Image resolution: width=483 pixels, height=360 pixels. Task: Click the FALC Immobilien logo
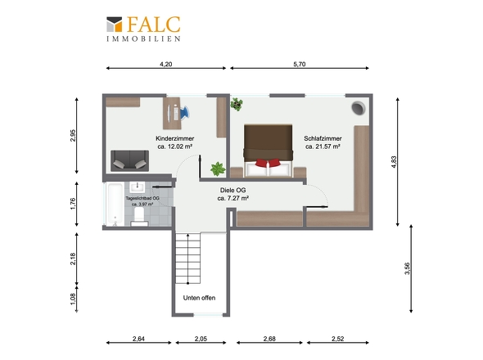pyautogui.click(x=143, y=29)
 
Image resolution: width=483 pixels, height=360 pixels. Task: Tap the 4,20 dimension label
pyautogui.click(x=166, y=64)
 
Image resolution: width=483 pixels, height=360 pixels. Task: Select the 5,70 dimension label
pyautogui.click(x=300, y=64)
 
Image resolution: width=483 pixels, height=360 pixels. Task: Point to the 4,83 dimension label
pyautogui.click(x=394, y=162)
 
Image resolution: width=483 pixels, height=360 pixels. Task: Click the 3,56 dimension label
pyautogui.click(x=407, y=268)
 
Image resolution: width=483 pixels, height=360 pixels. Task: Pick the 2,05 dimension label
pyautogui.click(x=201, y=339)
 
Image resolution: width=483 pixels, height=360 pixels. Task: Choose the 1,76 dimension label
pyautogui.click(x=73, y=204)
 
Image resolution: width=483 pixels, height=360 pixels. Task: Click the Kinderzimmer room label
pyautogui.click(x=175, y=138)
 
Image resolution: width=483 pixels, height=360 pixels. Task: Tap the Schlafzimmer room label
pyautogui.click(x=323, y=138)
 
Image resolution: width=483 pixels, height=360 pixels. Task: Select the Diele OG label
pyautogui.click(x=232, y=191)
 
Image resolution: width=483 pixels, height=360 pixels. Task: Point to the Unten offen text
pyautogui.click(x=199, y=298)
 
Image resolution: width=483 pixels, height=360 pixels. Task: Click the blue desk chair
pyautogui.click(x=184, y=112)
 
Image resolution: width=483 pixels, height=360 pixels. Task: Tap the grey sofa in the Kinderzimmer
pyautogui.click(x=129, y=160)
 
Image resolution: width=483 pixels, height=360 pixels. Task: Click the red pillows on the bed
pyautogui.click(x=268, y=163)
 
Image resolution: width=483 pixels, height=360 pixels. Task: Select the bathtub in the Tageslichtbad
pyautogui.click(x=115, y=205)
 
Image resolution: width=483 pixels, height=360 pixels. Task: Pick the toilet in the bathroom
pyautogui.click(x=139, y=217)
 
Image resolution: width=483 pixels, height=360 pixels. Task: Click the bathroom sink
pyautogui.click(x=137, y=187)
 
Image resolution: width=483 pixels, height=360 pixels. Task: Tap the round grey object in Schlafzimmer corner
pyautogui.click(x=359, y=108)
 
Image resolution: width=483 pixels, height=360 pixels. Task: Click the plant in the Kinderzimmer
pyautogui.click(x=218, y=169)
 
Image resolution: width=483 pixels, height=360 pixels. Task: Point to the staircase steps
pyautogui.click(x=188, y=258)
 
